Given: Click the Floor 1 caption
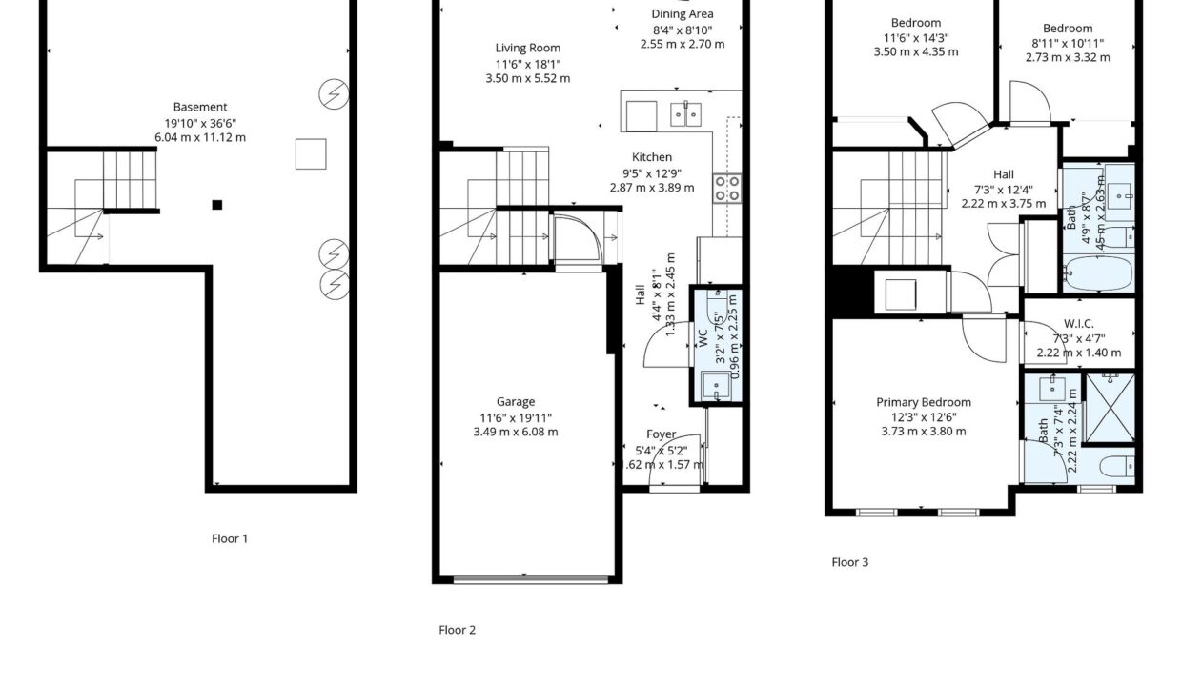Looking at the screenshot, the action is pos(230,538).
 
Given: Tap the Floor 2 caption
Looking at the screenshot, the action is pos(457,630).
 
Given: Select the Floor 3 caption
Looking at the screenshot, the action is pos(849,562).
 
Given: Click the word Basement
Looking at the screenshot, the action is pos(200,107).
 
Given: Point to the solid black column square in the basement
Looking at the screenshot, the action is pos(217,205).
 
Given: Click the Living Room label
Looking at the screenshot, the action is pos(528,48).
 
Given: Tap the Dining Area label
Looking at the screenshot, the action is pos(683,14).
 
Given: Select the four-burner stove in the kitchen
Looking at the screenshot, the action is pos(727,189).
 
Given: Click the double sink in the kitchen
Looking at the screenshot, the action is pos(685,114).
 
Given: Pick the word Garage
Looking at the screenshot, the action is pos(516,402).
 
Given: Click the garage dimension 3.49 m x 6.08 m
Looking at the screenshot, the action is pos(516,432).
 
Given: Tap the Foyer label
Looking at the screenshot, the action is pos(662,434).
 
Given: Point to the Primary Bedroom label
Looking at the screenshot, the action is pos(924,402).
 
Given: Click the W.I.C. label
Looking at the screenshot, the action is pos(1079,324).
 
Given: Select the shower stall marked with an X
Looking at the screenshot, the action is pos(1110,408).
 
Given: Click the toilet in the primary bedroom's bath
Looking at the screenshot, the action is pos(1116,467).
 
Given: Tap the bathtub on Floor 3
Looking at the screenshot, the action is pos(1097,272).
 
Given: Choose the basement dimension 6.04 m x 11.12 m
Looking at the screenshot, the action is pos(200,137).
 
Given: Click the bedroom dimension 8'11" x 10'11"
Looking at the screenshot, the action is pos(1068,43).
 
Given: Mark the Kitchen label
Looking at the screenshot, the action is pos(652,157).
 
